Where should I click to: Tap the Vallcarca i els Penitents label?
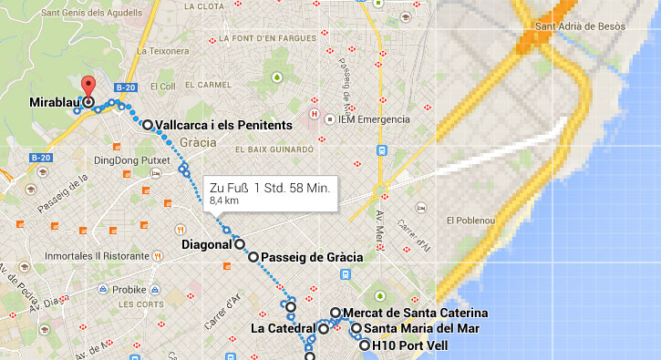[x=223, y=125]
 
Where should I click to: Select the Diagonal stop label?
[x=207, y=244]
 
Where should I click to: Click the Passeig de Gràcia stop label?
[x=312, y=258]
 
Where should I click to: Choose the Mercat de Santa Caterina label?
[x=408, y=313]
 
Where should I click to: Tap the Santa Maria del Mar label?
[x=418, y=329]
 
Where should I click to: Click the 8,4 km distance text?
[x=224, y=200]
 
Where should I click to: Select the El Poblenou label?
[x=470, y=221]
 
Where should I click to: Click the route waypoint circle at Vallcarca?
[x=148, y=125]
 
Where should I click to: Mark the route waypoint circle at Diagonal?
[x=240, y=244]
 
